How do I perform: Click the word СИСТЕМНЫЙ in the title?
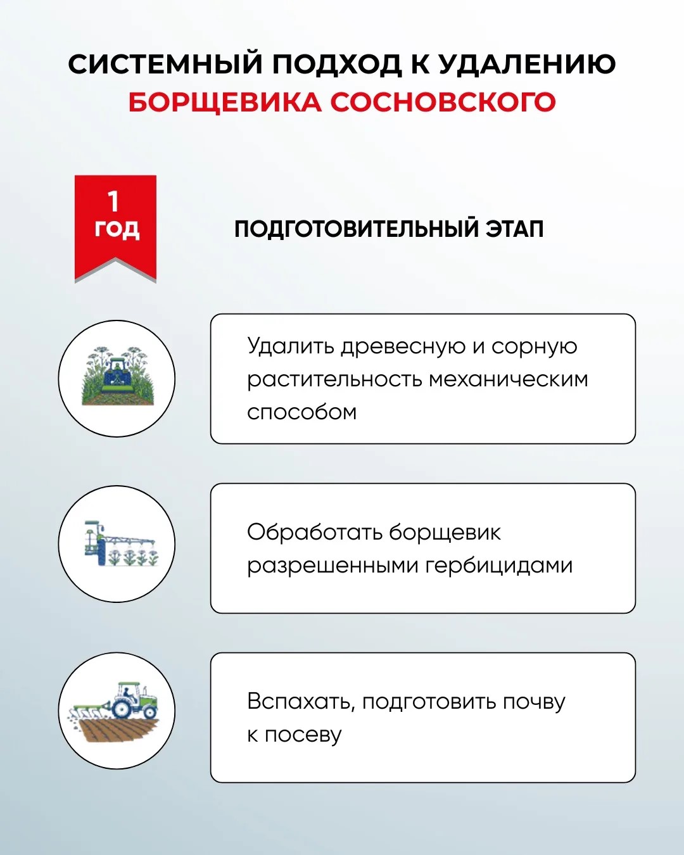165,63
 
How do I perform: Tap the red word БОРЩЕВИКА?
225,103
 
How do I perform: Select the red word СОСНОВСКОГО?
443,102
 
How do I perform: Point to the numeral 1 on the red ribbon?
113,201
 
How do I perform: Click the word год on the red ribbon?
117,229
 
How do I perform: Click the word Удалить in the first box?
291,346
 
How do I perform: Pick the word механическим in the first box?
509,379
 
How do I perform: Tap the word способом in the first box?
301,413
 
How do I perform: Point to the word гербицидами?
499,566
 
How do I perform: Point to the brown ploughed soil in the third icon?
118,730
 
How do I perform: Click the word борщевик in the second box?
445,532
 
